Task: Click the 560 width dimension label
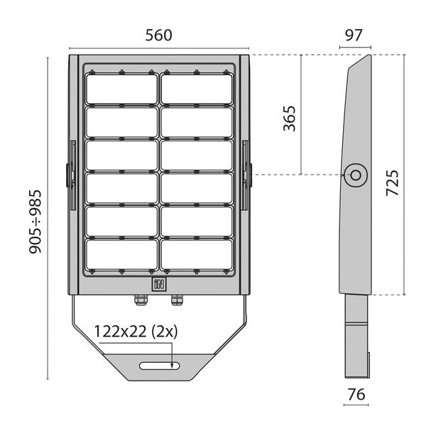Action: tap(160, 35)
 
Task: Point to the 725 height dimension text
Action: tap(393, 182)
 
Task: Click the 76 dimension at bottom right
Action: tap(356, 394)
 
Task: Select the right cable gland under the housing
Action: tap(176, 300)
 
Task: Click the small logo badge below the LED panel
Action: tap(158, 284)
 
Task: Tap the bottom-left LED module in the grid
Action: tap(122, 254)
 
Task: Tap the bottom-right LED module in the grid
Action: tap(197, 254)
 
